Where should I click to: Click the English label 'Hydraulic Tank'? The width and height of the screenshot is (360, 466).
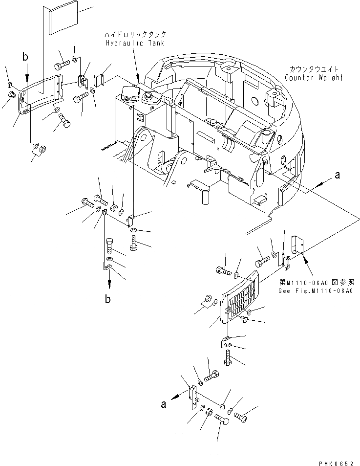[135, 43]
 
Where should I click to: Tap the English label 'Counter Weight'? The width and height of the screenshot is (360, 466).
[314, 78]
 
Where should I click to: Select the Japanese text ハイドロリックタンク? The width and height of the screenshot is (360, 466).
[135, 35]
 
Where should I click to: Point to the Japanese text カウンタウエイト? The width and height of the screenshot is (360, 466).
[314, 69]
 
